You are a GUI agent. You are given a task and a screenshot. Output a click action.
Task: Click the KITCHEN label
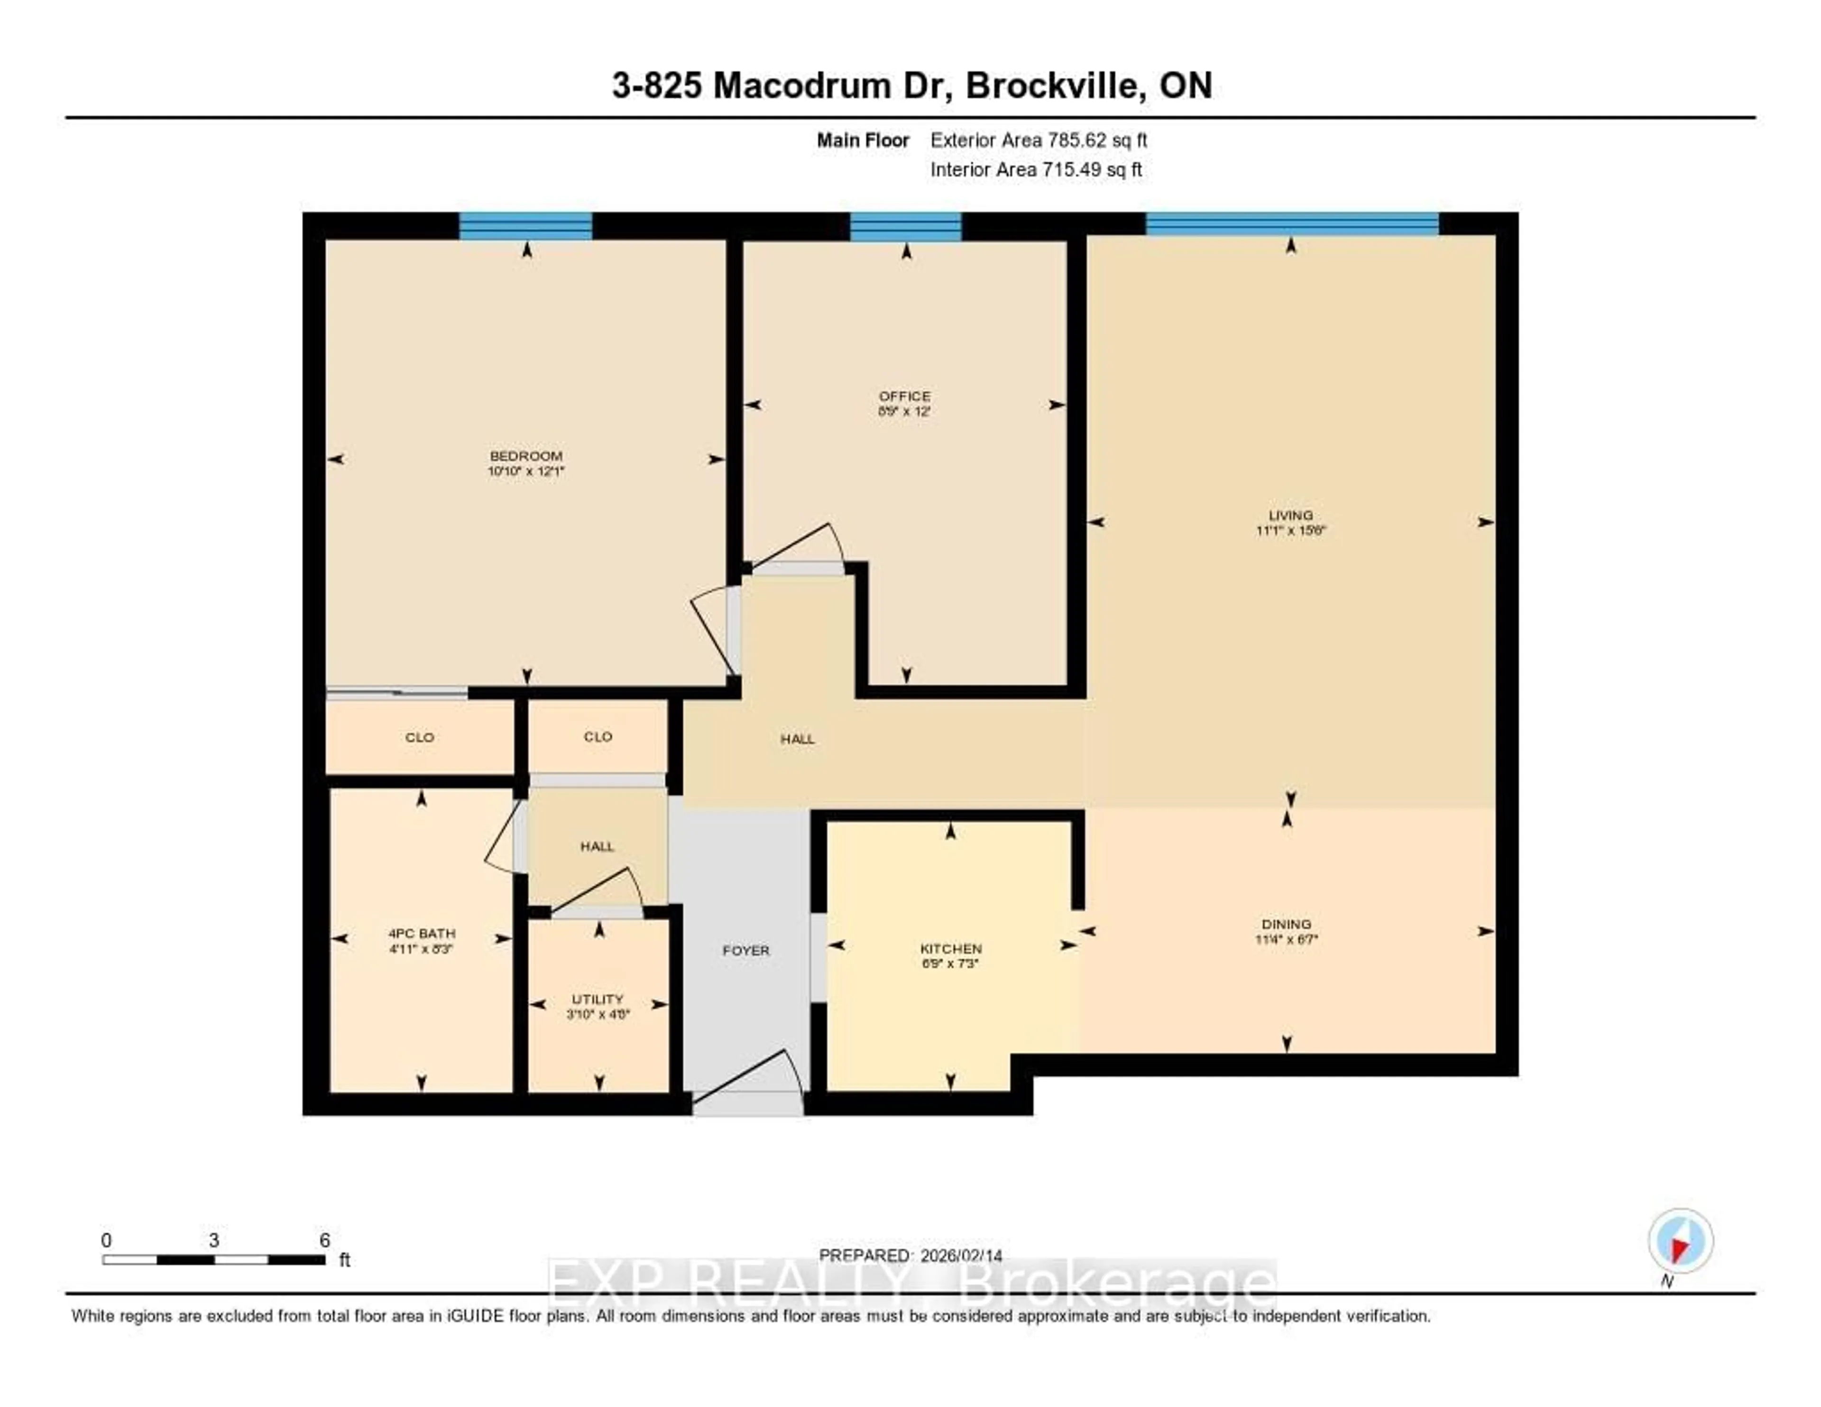[950, 948]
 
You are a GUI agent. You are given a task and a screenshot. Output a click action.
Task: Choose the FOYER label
[745, 950]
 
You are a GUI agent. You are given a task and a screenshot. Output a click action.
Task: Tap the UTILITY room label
[597, 999]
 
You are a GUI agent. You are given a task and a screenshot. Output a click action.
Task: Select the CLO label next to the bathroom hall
[598, 736]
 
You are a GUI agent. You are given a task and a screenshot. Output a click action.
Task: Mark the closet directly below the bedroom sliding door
[419, 737]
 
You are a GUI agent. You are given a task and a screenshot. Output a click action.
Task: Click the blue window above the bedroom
[525, 226]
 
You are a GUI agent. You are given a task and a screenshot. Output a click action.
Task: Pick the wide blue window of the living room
[1292, 223]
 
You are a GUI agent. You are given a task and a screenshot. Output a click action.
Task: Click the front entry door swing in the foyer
[750, 1076]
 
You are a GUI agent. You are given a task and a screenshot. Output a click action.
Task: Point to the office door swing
[800, 546]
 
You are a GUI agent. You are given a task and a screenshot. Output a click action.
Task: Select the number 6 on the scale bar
[324, 1240]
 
